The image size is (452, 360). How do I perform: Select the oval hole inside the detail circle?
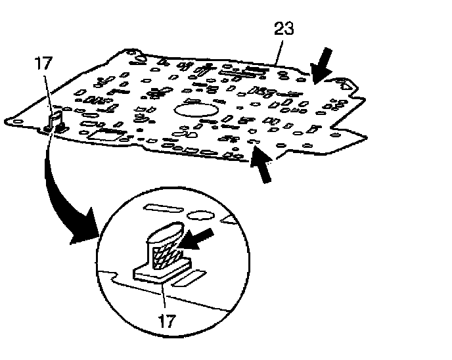coord(198,215)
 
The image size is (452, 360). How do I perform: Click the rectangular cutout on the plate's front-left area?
coord(104,135)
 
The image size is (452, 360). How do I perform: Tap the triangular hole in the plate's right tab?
coord(344,83)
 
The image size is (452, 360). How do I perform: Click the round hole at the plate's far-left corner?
coord(18,120)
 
